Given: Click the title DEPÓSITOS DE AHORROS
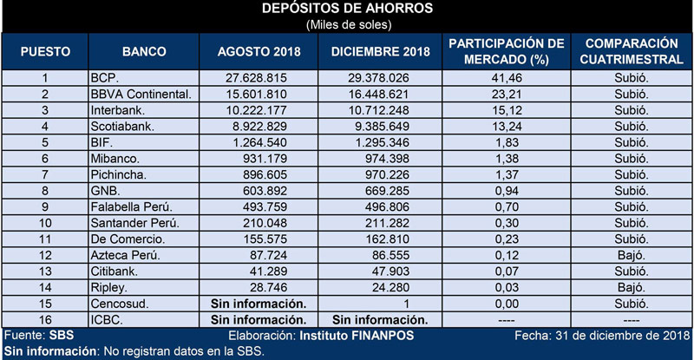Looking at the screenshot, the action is [x=348, y=9].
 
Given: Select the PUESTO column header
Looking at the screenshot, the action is [x=45, y=51].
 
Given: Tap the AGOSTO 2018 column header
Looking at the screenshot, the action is [x=259, y=51].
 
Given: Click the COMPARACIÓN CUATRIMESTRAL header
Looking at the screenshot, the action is [x=632, y=51].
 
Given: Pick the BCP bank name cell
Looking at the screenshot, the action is [x=104, y=78].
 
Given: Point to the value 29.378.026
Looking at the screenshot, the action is [x=378, y=78].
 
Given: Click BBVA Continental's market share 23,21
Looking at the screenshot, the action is [x=507, y=94].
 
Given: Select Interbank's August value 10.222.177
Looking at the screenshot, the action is [x=256, y=110].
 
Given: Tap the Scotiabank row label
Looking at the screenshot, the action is [x=122, y=126].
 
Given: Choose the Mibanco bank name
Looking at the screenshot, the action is [x=115, y=159].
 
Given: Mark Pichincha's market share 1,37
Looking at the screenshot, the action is [x=507, y=174].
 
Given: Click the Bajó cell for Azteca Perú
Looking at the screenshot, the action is [x=632, y=255].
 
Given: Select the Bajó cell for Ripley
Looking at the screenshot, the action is [x=632, y=287].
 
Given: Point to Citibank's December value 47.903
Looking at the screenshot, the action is [x=389, y=272].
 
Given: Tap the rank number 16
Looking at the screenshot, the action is [x=45, y=320].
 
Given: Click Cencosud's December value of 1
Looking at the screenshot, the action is [x=406, y=304].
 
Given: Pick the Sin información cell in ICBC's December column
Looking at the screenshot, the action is [x=380, y=320].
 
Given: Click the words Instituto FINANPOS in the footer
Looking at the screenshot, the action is [x=357, y=336].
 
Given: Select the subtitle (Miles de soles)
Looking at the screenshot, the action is [x=349, y=25].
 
